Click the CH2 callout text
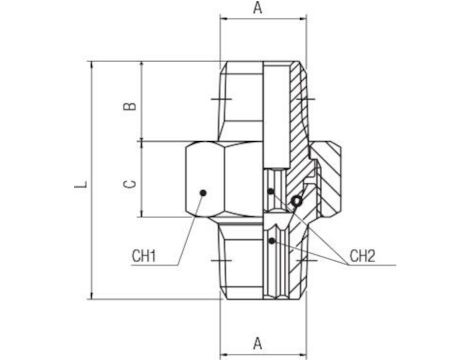[364, 257]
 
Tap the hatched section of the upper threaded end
[290, 110]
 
